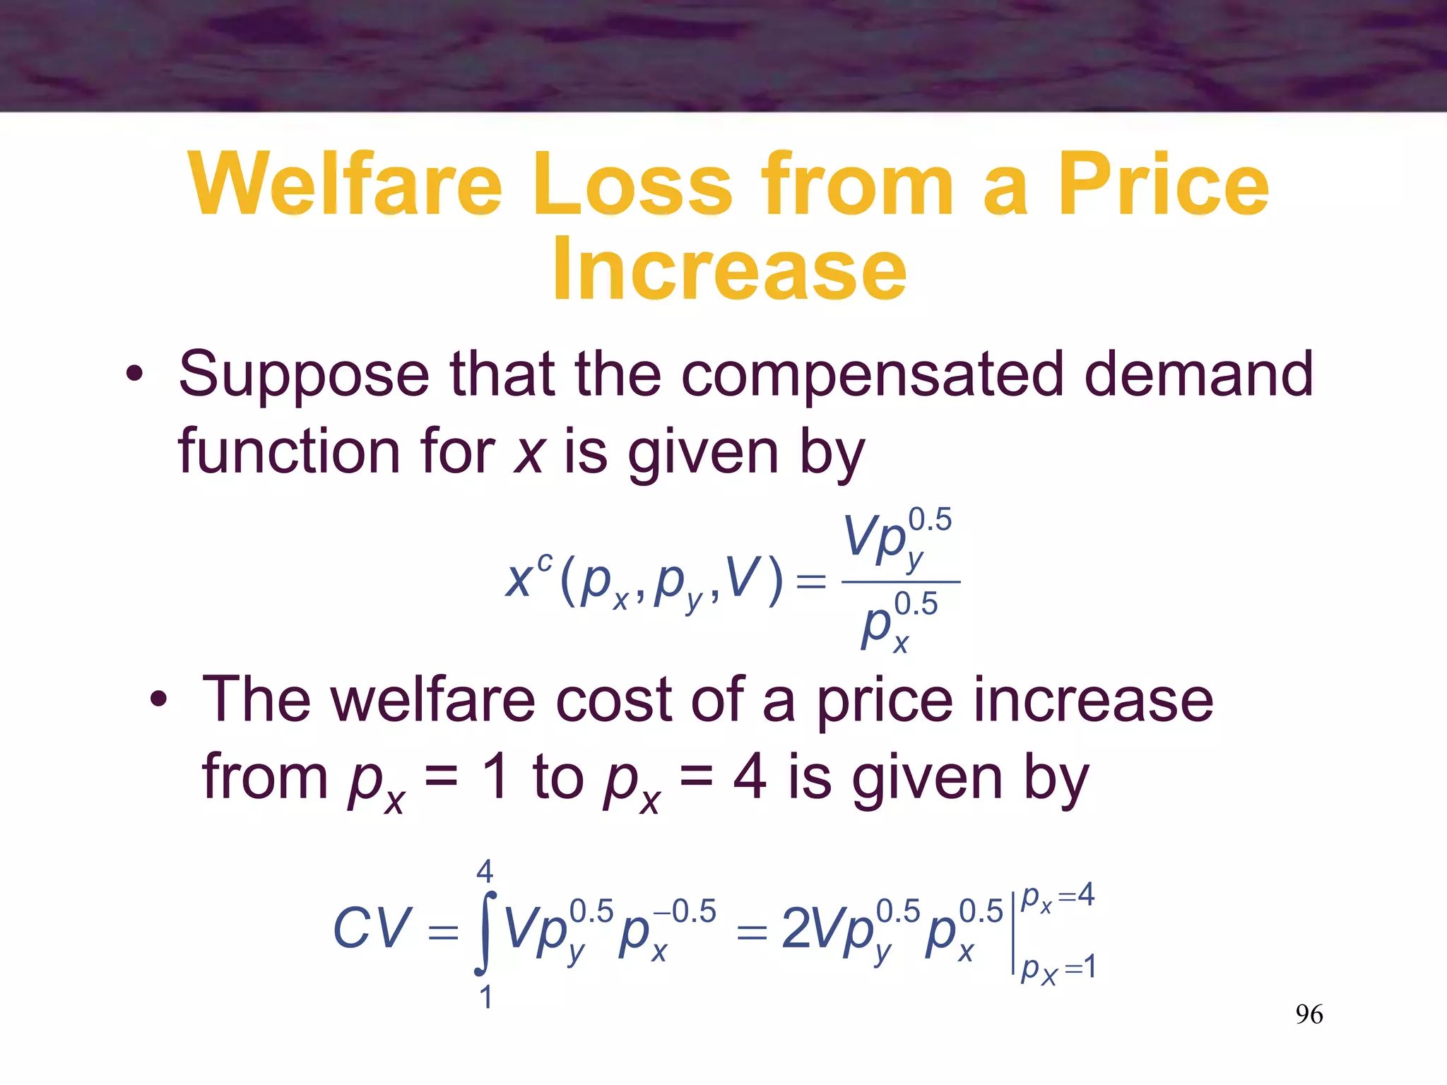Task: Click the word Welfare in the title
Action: pos(345,184)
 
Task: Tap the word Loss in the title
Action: pos(632,184)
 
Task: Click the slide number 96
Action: pos(1309,1014)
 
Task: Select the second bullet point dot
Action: pos(158,700)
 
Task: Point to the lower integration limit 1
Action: pos(485,997)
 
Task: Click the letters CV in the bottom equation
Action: pos(372,927)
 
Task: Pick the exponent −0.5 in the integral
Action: pos(685,911)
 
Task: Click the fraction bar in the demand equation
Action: pos(901,582)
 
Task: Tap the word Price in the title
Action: pos(1163,184)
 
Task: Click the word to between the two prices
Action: pos(557,778)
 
